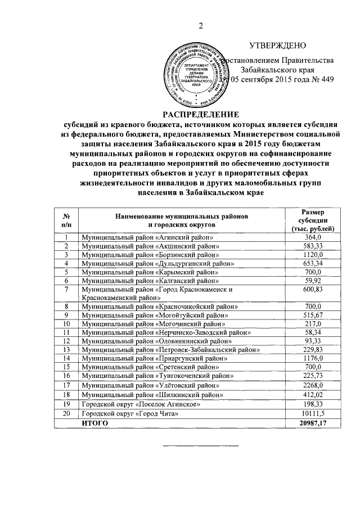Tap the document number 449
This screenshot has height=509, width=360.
pos(318,79)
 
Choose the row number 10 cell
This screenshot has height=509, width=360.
pos(66,323)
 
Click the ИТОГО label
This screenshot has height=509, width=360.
pos(94,423)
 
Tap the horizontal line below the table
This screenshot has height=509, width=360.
pos(201,446)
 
